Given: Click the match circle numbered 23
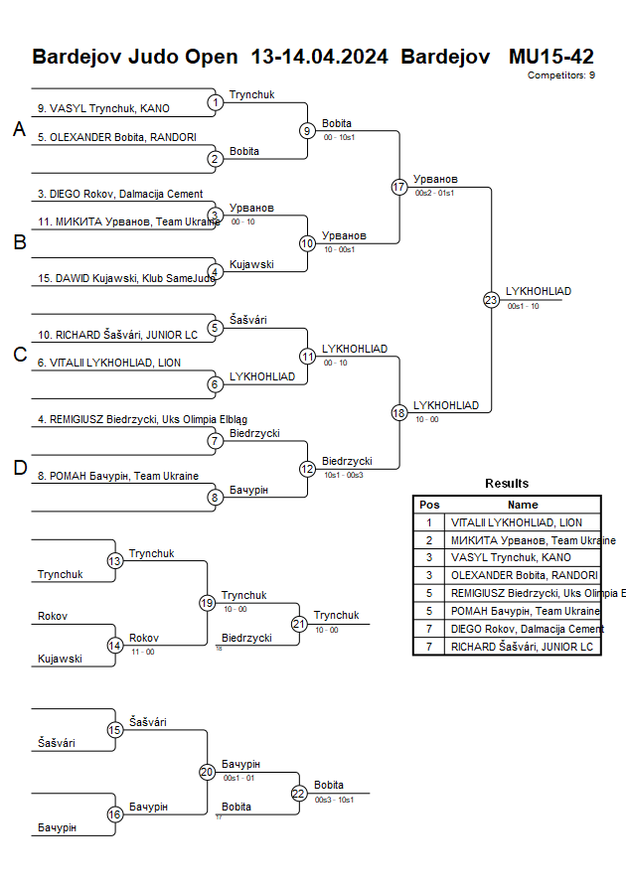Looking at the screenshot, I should point(491,299).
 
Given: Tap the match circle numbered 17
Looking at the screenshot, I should point(399,187).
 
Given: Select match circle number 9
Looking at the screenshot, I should point(307,130).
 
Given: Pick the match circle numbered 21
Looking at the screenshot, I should point(299,624).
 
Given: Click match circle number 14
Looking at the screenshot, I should point(114,646).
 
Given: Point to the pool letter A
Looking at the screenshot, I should point(19,129).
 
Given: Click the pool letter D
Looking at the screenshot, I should point(19,469).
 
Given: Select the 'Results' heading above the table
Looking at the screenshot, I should point(507,484).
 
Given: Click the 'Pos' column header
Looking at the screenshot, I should point(429,505).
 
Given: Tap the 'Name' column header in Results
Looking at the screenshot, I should point(523,505).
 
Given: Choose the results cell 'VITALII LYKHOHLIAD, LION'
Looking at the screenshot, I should point(515,522).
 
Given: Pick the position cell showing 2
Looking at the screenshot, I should point(429,540).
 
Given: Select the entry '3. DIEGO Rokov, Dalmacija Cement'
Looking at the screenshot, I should point(120,194).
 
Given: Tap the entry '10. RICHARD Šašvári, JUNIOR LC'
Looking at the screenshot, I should point(117,335).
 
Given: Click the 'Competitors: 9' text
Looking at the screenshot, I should point(561,75).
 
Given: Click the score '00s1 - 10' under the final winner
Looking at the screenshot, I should point(523,307).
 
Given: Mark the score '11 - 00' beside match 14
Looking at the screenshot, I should point(142,652).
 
